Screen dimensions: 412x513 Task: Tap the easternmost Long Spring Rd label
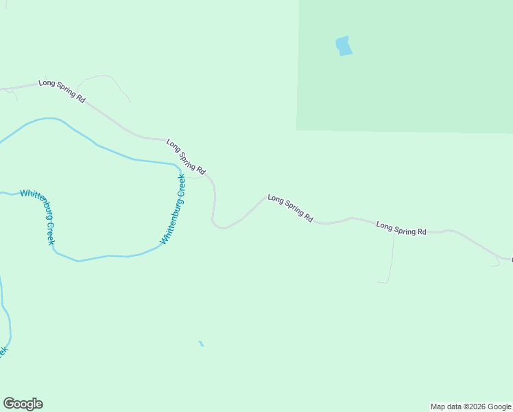point(401,229)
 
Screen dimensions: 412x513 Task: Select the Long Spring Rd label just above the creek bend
point(186,156)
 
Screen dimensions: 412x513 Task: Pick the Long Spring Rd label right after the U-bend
point(290,208)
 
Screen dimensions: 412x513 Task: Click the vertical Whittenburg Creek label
point(173,209)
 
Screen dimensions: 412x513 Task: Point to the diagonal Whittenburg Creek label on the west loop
point(37,216)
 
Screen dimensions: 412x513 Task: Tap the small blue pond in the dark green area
point(344,46)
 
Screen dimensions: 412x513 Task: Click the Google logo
point(23,404)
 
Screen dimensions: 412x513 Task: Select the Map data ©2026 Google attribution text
point(471,407)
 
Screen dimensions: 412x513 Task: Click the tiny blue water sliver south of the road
point(201,343)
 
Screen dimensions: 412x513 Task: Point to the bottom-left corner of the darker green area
point(297,129)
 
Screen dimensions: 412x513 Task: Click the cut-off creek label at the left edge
point(3,352)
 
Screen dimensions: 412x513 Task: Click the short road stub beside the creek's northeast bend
point(196,177)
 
